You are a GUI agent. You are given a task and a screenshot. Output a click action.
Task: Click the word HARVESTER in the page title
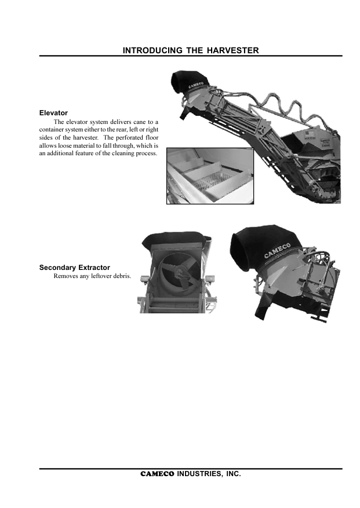(233, 50)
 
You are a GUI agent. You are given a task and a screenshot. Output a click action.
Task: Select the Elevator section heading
(53, 113)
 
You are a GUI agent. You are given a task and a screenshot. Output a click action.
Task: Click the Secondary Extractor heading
(75, 268)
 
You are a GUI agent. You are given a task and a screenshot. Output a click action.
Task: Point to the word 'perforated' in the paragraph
(129, 137)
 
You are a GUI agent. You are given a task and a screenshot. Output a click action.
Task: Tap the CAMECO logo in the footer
(157, 474)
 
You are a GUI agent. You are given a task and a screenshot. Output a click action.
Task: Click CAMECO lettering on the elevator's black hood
(197, 85)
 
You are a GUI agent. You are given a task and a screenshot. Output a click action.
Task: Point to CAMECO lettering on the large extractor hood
(277, 250)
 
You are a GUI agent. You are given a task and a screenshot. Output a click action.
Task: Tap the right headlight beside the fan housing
(210, 279)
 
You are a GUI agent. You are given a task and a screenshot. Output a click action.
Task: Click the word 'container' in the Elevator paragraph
(50, 130)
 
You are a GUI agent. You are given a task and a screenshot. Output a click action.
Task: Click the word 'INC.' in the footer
(234, 474)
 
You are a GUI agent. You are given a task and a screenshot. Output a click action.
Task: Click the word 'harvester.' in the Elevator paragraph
(86, 137)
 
